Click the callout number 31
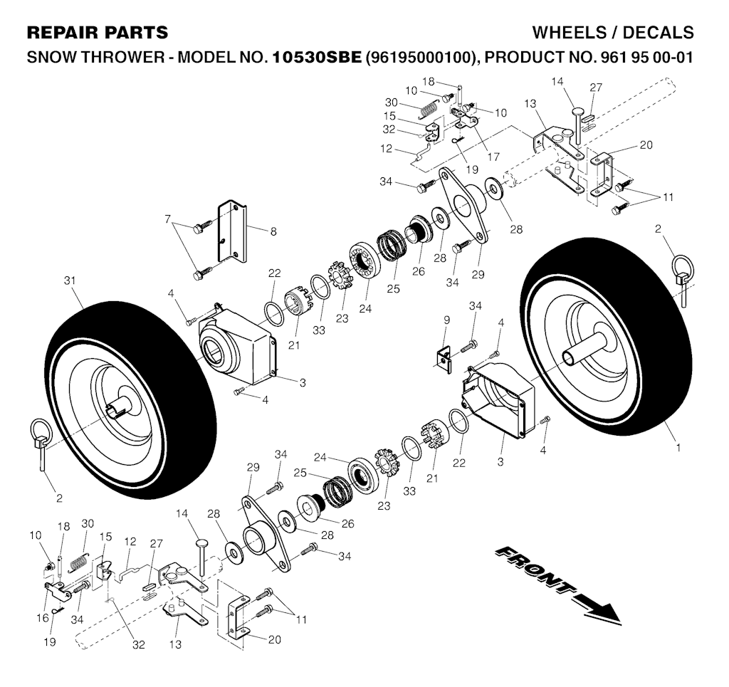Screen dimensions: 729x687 click(70, 280)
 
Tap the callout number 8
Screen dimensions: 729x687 click(273, 231)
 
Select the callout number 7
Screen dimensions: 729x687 click(168, 219)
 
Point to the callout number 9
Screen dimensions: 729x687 click(447, 320)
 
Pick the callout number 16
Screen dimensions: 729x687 click(42, 618)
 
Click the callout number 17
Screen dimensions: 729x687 click(493, 157)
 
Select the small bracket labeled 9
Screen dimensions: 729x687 click(444, 358)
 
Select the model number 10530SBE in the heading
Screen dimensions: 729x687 click(317, 58)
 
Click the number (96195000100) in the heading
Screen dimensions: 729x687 click(422, 58)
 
